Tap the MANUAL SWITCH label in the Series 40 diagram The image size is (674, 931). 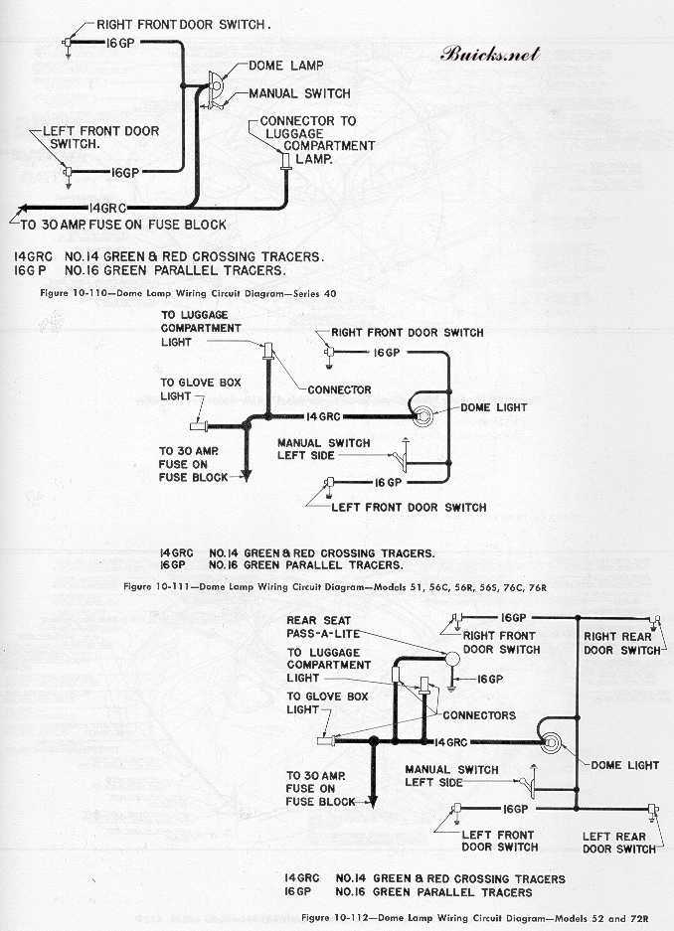coord(299,93)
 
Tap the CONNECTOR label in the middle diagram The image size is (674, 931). coord(339,389)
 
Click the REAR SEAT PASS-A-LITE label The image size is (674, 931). coord(319,627)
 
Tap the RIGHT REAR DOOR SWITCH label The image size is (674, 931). coord(621,643)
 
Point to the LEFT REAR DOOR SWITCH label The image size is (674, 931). coord(619,843)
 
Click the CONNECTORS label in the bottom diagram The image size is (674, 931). coord(478,715)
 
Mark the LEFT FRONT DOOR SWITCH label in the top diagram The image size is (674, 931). coord(99,137)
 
